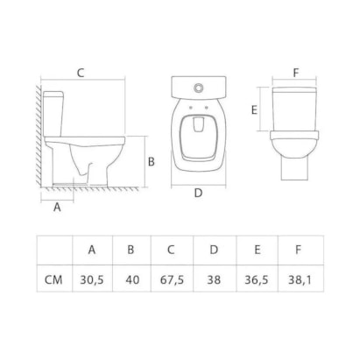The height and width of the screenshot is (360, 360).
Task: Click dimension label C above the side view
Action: tap(81, 73)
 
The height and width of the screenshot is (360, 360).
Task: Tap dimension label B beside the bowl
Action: tap(151, 161)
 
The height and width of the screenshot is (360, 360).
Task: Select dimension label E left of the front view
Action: tap(253, 111)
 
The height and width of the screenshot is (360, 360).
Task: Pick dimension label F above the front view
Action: tap(296, 72)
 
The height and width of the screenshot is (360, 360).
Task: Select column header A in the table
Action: tap(91, 249)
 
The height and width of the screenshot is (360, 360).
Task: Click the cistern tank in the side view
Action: tap(55, 111)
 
